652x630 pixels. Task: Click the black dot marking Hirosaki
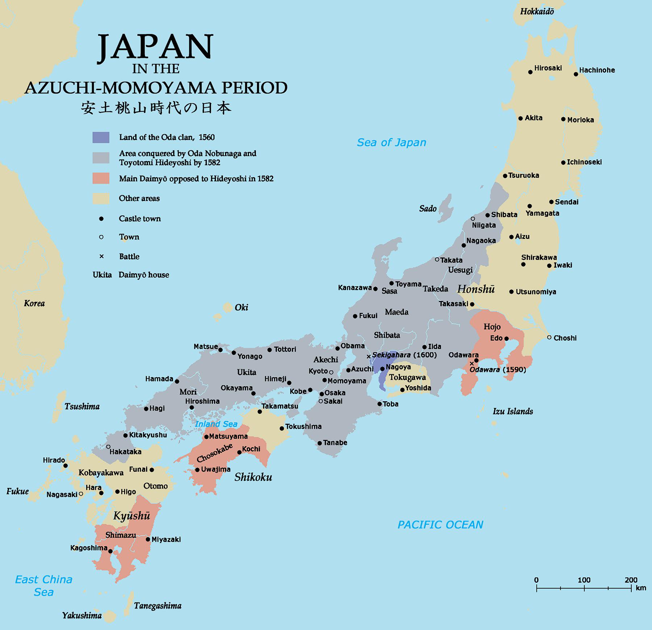click(530, 72)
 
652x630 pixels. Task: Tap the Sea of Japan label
click(391, 142)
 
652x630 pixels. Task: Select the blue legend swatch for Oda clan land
click(101, 137)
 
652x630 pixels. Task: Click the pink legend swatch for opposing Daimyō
click(101, 179)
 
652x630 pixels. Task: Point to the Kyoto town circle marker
click(331, 372)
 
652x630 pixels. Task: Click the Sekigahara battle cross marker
click(369, 357)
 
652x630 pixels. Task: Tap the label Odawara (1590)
click(497, 370)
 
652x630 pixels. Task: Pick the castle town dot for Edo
click(506, 339)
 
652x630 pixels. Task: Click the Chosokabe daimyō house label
click(214, 453)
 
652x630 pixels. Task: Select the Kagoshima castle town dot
click(110, 551)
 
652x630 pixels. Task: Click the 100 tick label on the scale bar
click(584, 580)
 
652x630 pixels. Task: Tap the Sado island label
click(428, 208)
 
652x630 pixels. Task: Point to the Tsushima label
click(82, 406)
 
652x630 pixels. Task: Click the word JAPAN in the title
click(155, 47)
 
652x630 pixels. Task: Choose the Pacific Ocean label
click(440, 525)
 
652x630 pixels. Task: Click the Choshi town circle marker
click(549, 337)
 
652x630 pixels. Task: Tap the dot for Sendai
click(551, 202)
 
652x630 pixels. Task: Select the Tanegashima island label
click(158, 606)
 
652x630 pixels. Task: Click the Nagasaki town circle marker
click(81, 494)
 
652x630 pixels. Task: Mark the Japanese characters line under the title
click(156, 108)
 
